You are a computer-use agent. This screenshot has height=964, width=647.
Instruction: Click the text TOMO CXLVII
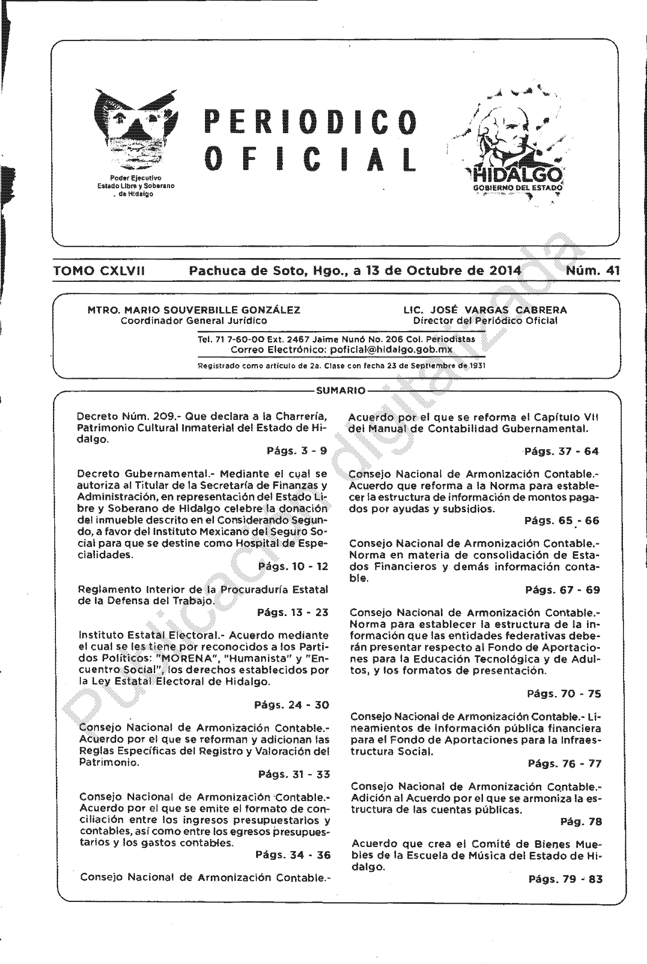tap(99, 271)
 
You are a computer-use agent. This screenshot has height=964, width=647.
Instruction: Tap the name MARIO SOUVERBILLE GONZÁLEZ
tap(212, 310)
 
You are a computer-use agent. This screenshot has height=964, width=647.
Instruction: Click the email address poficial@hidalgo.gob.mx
tap(391, 350)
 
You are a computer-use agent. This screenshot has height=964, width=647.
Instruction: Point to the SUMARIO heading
tap(340, 391)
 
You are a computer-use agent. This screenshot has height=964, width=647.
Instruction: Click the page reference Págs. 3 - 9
tap(297, 451)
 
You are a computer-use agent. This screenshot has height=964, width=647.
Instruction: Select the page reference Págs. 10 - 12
tap(293, 566)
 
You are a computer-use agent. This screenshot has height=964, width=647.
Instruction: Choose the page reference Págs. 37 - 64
tap(562, 451)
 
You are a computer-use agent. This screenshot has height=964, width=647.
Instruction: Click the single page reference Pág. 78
tap(581, 821)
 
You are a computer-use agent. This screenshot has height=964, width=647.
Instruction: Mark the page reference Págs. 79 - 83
tap(565, 879)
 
